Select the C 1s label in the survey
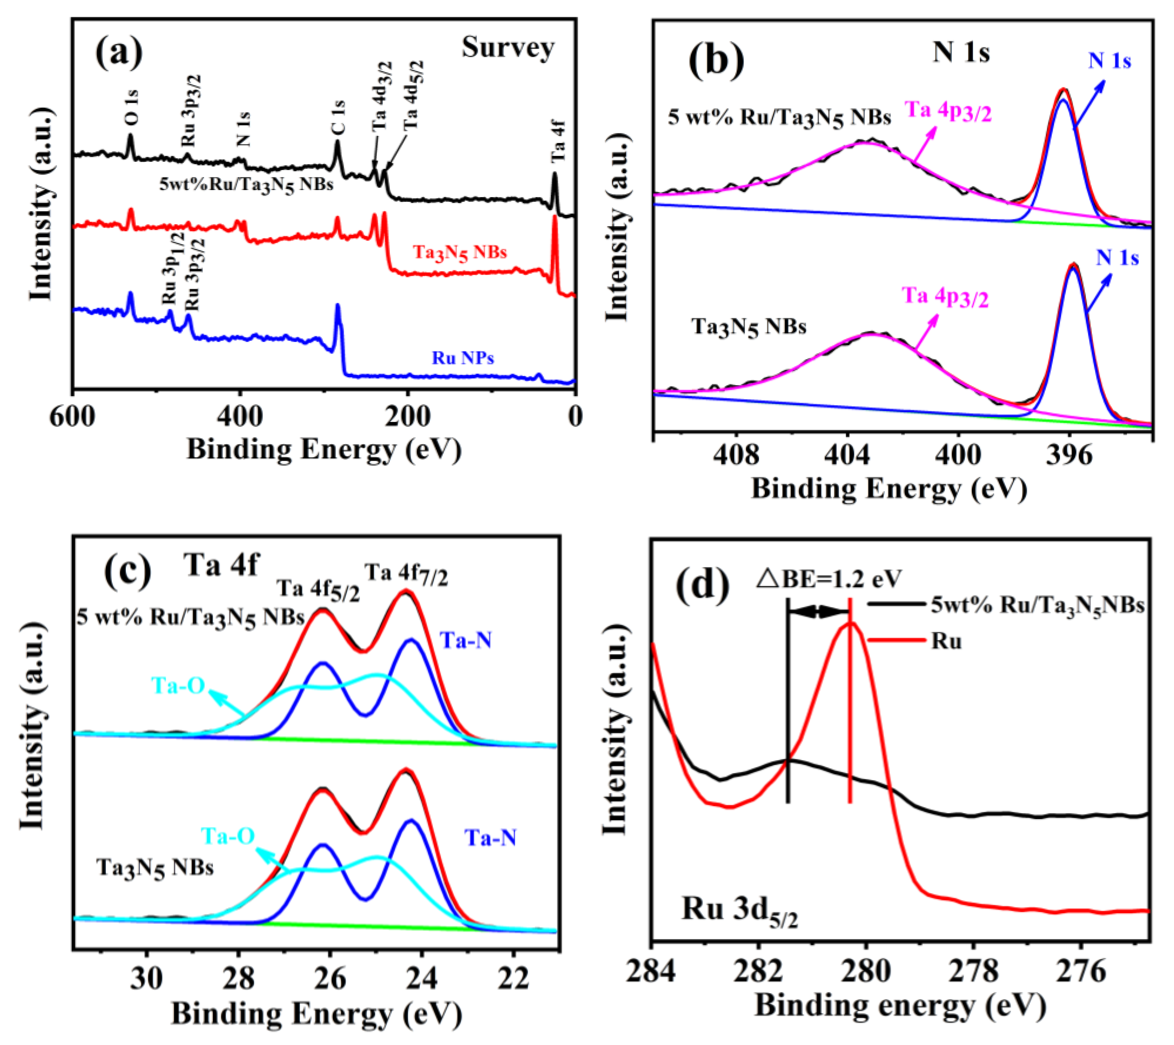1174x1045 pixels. point(338,117)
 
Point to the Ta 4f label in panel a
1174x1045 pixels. point(558,141)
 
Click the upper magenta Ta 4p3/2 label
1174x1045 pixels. point(948,111)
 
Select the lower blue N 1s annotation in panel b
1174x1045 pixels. point(1117,257)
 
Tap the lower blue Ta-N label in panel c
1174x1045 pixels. point(490,838)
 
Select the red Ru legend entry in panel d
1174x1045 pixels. point(946,641)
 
